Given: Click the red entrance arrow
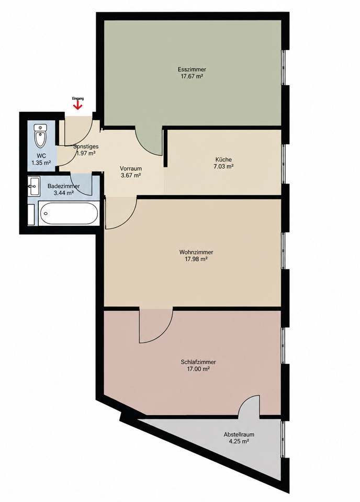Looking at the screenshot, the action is (x=78, y=105).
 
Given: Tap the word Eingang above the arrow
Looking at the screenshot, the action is (x=78, y=99).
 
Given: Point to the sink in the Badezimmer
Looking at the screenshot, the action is (x=33, y=186).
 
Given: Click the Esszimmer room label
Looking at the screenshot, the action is (x=192, y=69).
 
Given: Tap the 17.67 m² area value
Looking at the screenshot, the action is (x=192, y=76).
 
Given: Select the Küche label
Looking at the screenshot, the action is (x=223, y=159).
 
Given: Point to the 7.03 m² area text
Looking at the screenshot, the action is (x=223, y=166).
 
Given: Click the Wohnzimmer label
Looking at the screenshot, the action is (x=196, y=252).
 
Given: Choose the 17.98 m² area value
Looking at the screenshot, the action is (x=196, y=259).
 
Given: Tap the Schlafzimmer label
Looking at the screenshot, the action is (x=198, y=362).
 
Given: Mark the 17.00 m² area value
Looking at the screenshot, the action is (x=198, y=369).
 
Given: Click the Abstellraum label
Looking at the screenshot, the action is (x=239, y=435).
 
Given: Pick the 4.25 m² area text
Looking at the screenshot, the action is (x=239, y=441).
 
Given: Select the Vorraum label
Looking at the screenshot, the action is (x=131, y=168).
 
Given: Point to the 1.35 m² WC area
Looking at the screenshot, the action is (x=41, y=163).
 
